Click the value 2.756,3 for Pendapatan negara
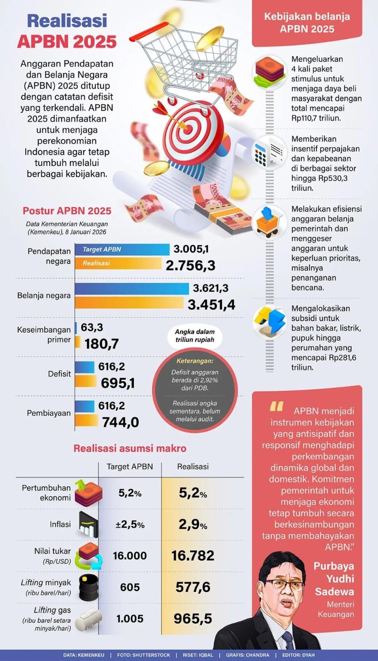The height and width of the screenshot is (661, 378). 190,265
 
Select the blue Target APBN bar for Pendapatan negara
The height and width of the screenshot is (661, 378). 122,250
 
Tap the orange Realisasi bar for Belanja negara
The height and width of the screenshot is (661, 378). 129,304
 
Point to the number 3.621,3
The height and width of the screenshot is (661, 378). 211,288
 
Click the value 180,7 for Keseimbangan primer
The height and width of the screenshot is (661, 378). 102,343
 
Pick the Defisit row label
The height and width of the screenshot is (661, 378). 59,373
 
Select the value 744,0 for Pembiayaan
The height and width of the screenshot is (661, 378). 120,422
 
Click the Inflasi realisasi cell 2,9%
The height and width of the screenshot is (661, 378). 193,524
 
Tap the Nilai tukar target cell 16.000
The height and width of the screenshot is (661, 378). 130,556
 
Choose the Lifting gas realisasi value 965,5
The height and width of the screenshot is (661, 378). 193,618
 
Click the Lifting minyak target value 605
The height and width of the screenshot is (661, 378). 130,587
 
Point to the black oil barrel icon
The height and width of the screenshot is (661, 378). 88,587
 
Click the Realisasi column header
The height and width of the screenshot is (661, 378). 193,466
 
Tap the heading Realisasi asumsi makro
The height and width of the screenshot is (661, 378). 130,448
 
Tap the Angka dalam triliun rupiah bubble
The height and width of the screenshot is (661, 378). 194,335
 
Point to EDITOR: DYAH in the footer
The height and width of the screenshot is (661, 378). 298,655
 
